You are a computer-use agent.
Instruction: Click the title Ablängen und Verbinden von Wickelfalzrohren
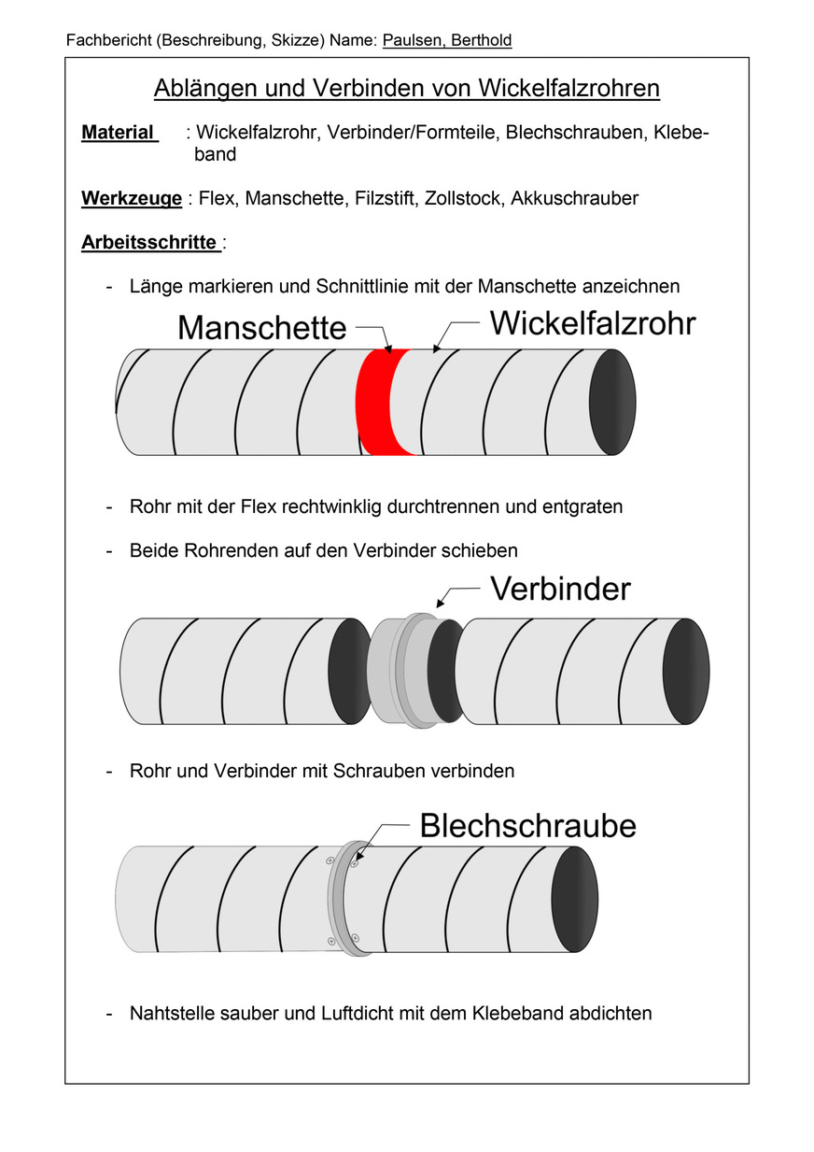pos(406,88)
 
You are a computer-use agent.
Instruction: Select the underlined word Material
pos(119,133)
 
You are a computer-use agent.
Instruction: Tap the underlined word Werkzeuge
pos(132,198)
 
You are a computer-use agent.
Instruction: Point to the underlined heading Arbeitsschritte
pos(150,243)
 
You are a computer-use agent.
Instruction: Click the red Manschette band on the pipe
pos(375,403)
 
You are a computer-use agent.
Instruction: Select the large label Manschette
pos(261,328)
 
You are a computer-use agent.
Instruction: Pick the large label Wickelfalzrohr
pos(593,323)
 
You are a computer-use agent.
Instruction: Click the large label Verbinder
pos(560,589)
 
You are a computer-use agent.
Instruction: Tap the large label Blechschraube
pos(527,826)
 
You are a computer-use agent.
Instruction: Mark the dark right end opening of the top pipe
pos(612,402)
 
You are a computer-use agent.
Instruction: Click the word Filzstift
pos(384,198)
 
